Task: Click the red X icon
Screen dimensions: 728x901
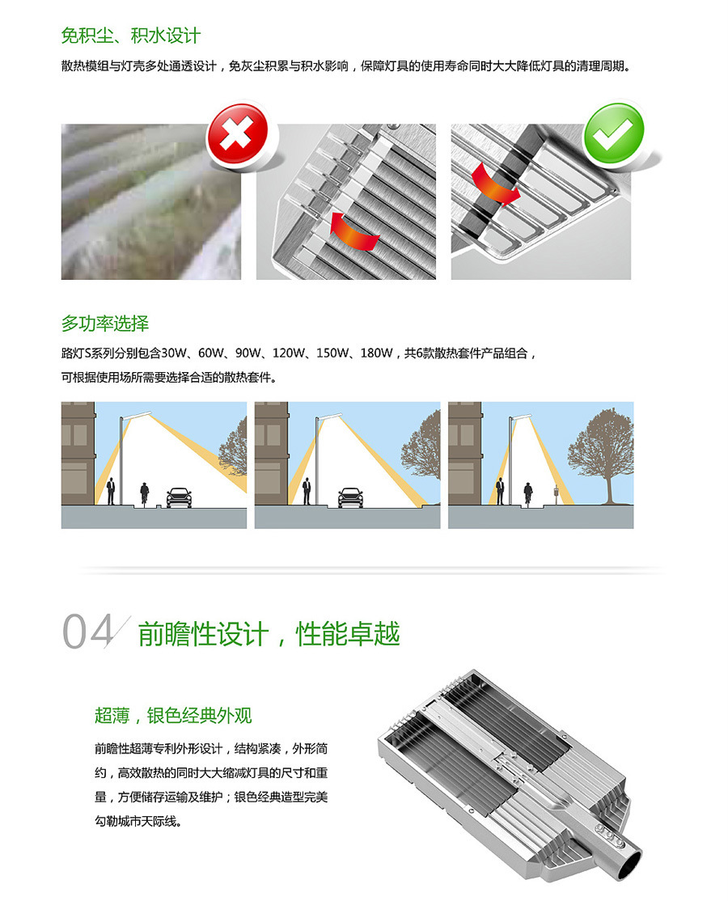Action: (237, 134)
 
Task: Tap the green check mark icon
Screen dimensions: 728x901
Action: (614, 133)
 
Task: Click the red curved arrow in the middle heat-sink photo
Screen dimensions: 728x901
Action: (354, 232)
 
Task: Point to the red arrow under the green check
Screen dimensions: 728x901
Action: (495, 183)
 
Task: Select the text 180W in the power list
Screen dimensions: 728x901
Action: (376, 353)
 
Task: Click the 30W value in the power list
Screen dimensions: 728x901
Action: (174, 353)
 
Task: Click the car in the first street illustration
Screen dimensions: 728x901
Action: (179, 497)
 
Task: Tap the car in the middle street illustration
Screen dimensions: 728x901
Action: (350, 497)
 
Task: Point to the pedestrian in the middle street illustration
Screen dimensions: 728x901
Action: (307, 491)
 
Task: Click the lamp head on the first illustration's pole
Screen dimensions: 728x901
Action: (138, 414)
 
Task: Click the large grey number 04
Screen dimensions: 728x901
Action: (88, 632)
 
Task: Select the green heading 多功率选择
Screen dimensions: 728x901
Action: (105, 324)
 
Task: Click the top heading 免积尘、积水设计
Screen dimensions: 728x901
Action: (131, 36)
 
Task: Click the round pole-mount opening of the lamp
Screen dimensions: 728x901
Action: (631, 865)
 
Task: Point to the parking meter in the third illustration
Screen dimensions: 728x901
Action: (556, 495)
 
